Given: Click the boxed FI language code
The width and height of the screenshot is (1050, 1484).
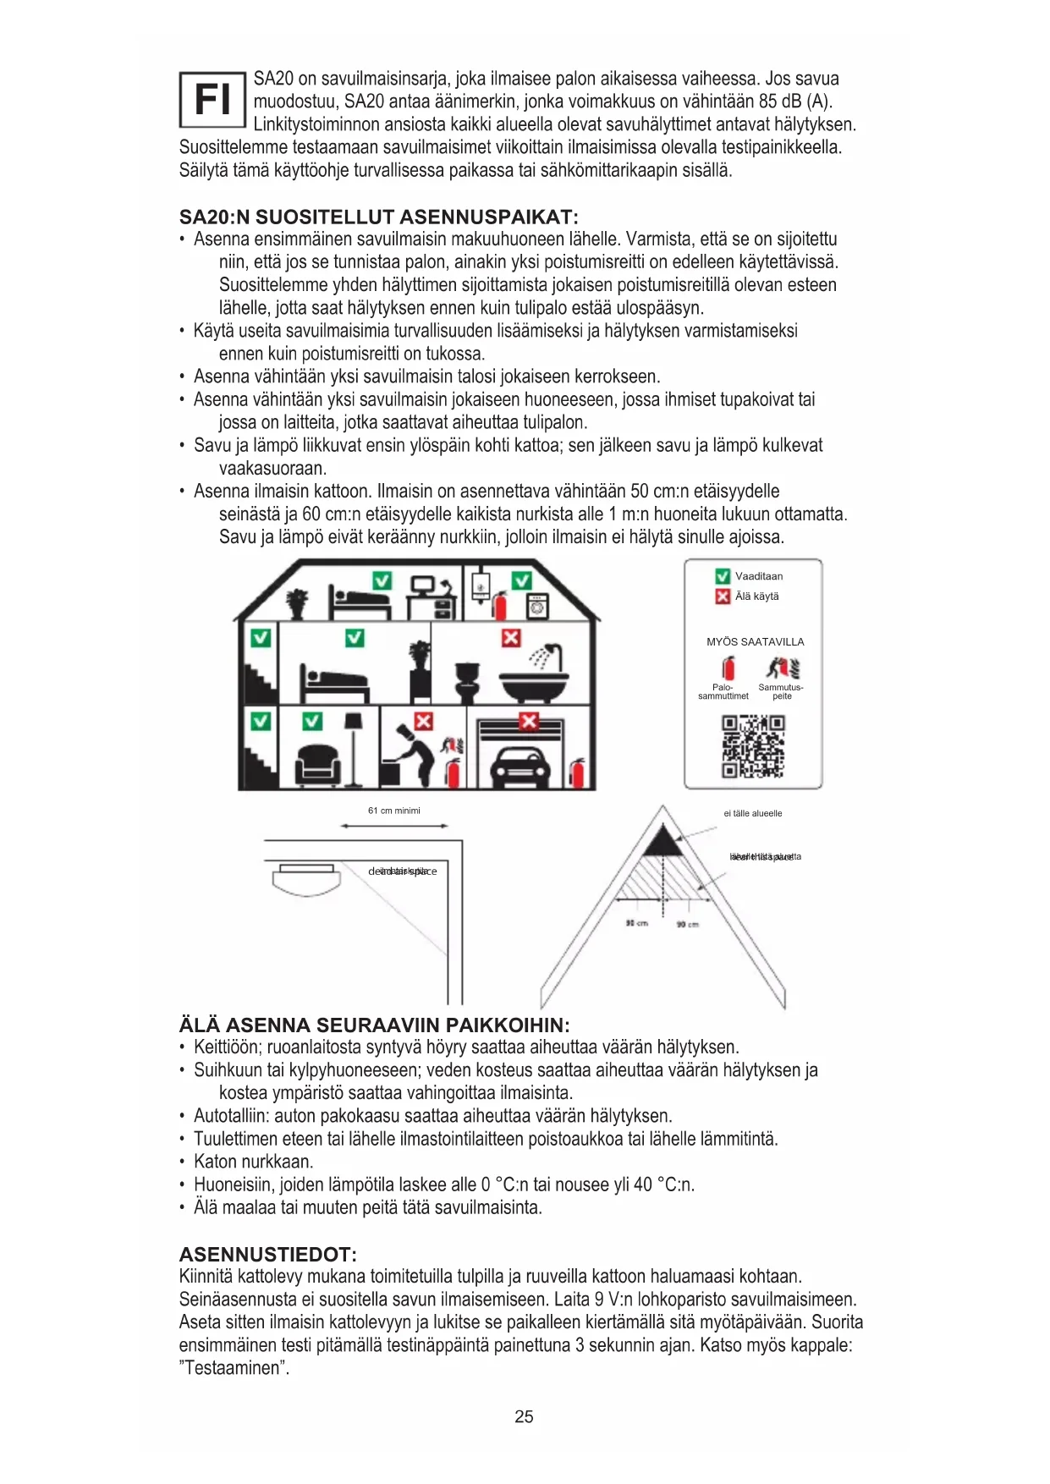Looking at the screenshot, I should click(x=212, y=100).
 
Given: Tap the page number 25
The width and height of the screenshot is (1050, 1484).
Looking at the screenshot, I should click(x=524, y=1416).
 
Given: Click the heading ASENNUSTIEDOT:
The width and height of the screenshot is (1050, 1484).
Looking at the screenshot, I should click(x=267, y=1254).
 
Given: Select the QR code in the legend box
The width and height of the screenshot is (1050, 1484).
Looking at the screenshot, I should click(x=752, y=746).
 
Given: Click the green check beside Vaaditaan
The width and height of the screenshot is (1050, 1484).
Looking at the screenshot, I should click(x=723, y=576).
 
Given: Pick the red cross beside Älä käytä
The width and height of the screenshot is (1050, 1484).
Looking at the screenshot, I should click(x=723, y=596).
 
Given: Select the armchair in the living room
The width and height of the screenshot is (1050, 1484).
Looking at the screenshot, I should click(x=318, y=765).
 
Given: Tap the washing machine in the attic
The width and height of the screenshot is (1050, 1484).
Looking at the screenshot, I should click(x=537, y=607).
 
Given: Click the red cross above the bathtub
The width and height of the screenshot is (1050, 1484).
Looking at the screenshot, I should click(x=511, y=638).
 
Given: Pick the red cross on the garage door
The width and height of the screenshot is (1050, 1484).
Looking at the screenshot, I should click(x=529, y=721).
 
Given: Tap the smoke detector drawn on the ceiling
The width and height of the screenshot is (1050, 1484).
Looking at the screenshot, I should click(x=306, y=877).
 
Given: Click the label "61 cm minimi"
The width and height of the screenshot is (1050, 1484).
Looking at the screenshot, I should click(x=393, y=811).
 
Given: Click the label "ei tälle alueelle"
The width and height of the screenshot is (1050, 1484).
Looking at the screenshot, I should click(x=752, y=813).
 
